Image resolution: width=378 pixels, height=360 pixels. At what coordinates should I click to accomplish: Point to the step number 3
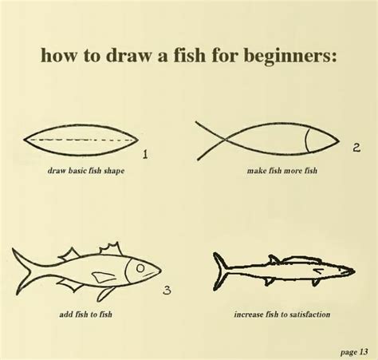coord(167,291)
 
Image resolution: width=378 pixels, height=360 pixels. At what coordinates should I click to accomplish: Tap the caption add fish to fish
coord(86,314)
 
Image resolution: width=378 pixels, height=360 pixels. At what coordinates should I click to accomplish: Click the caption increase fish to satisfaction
coord(282,314)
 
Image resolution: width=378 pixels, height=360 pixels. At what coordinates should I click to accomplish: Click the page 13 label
coord(352,349)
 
